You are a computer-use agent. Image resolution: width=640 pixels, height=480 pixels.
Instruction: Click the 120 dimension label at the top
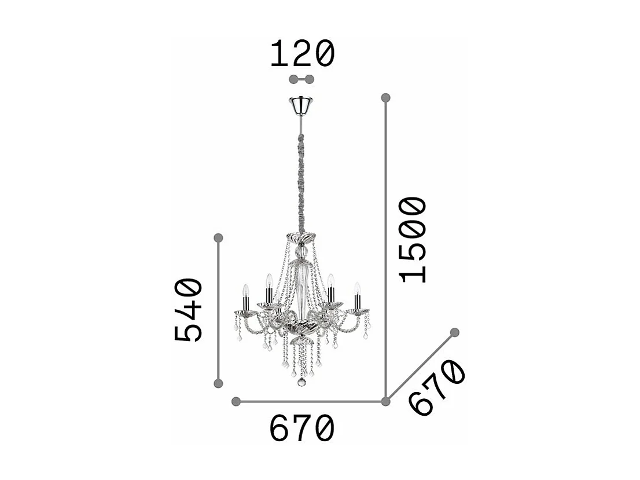(302, 54)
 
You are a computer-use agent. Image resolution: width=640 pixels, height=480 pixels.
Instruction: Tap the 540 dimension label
(189, 310)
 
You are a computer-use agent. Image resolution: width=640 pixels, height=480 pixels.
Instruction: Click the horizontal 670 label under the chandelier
(302, 429)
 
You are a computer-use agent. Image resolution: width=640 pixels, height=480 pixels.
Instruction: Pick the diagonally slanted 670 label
(436, 387)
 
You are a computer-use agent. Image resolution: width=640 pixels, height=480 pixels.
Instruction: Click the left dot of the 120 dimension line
(293, 79)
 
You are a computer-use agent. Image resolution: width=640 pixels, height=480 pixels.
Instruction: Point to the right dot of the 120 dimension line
(310, 79)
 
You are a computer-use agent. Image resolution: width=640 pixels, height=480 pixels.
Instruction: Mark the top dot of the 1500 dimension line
(386, 97)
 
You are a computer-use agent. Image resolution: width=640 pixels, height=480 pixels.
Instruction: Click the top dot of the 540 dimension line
(218, 238)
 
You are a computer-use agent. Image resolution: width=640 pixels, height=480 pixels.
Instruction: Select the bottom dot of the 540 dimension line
(218, 383)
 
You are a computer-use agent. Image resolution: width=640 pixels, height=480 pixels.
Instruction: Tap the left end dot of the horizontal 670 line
(236, 401)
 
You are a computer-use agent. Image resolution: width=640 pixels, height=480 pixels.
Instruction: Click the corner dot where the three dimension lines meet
(386, 401)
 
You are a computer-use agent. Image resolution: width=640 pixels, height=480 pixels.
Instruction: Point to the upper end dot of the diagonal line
(455, 332)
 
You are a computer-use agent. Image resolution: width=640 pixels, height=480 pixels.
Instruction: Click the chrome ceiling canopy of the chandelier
(301, 105)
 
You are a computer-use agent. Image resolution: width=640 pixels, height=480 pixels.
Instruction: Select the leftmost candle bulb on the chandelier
(245, 289)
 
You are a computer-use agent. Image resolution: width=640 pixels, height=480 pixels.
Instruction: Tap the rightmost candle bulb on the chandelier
(357, 288)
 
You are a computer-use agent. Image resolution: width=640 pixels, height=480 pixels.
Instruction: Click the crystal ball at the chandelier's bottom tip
(301, 382)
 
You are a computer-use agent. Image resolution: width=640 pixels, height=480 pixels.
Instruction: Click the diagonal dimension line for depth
(421, 367)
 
